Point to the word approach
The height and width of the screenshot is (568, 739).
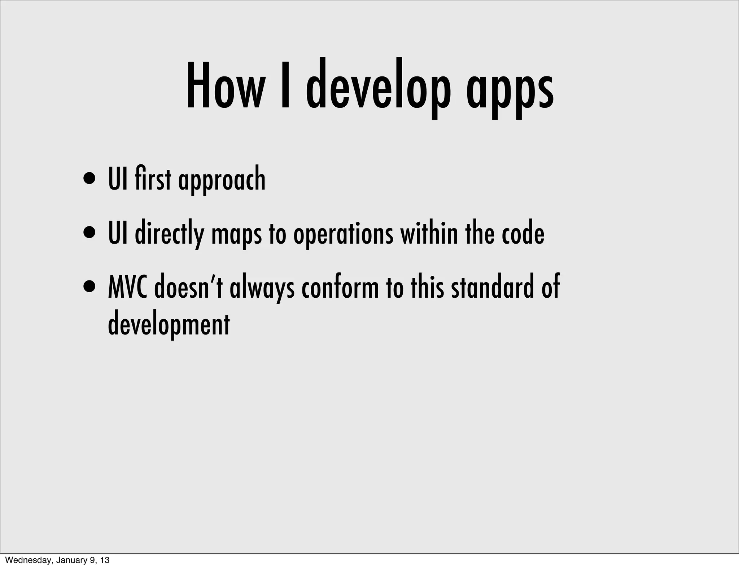(x=222, y=180)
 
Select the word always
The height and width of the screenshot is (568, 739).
(x=262, y=289)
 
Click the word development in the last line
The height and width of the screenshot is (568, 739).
(x=169, y=323)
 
